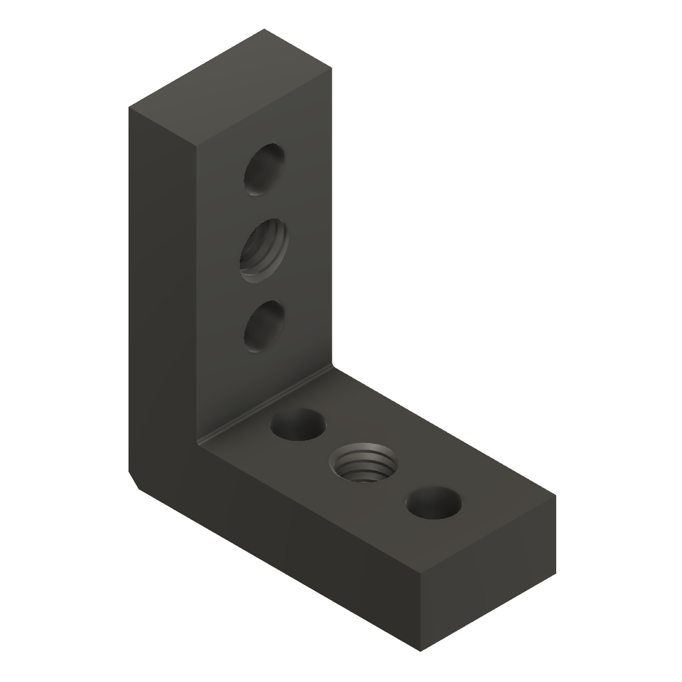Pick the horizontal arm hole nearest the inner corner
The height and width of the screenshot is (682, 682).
tap(299, 425)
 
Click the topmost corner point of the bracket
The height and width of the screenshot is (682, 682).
tap(264, 29)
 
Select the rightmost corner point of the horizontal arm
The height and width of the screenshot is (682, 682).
tap(555, 496)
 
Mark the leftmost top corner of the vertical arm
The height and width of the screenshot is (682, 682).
tap(130, 107)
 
